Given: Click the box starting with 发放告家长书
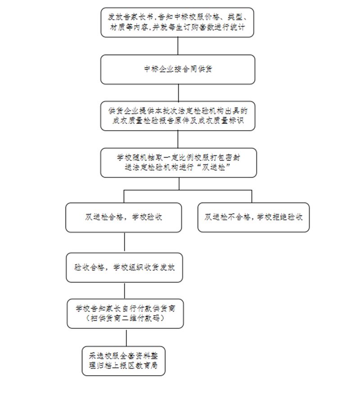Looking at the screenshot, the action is point(177,22).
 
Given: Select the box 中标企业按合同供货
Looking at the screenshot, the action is point(178,69).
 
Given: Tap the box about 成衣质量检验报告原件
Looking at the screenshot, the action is point(178,116).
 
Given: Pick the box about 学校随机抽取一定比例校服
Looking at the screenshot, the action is point(179,163).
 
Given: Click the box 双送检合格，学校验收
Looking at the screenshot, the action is point(124,218).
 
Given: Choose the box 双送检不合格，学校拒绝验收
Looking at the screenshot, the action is point(253,217).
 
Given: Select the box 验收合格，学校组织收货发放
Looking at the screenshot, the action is point(124,268).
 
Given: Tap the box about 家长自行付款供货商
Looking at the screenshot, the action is point(125,314).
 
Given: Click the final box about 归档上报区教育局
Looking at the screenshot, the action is point(124,361).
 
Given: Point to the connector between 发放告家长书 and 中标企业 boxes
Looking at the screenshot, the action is point(178,46).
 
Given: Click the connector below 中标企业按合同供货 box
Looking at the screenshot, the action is point(178,93).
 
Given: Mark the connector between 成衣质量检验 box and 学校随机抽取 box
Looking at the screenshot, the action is point(178,139).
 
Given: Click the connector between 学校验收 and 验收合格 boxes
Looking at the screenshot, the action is point(124,242).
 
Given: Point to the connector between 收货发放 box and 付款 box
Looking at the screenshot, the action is point(125,291).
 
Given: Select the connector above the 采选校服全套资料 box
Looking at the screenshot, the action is point(126,337).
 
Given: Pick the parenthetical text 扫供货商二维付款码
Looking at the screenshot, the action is point(125,318).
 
